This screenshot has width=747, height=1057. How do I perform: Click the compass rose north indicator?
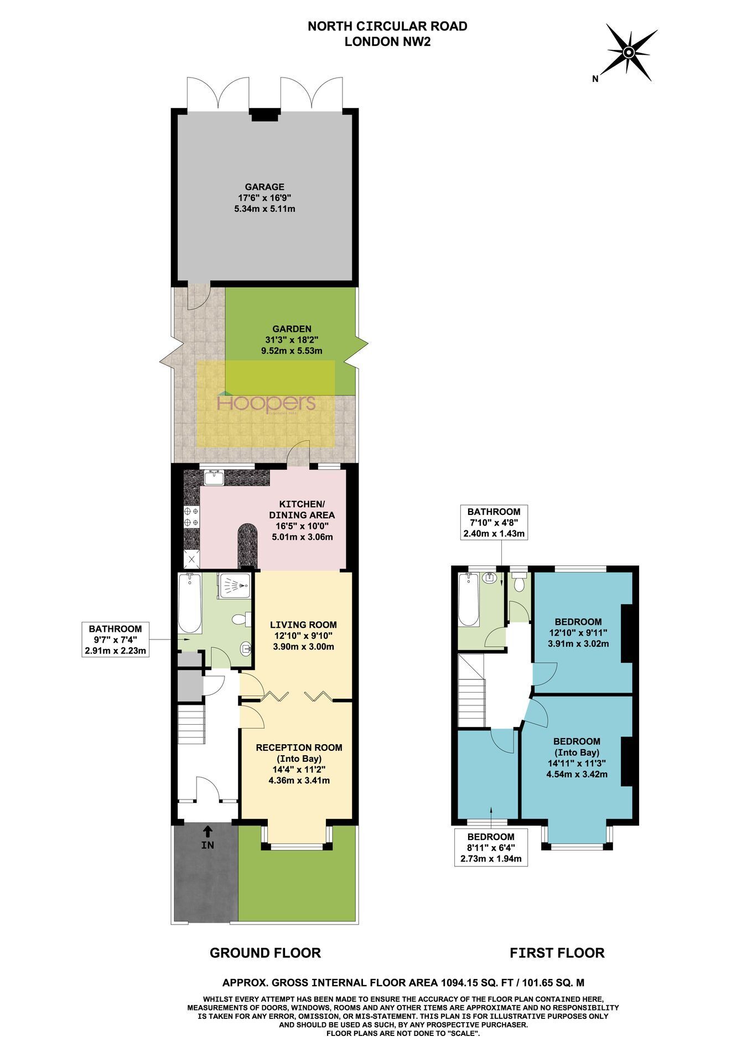[x=627, y=53]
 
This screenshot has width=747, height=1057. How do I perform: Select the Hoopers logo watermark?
[x=267, y=403]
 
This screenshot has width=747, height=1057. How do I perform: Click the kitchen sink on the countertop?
[x=214, y=477]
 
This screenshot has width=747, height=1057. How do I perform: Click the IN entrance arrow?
[x=207, y=831]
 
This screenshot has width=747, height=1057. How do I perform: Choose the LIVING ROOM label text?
[x=303, y=625]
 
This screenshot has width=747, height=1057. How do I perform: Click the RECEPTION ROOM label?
[x=299, y=747]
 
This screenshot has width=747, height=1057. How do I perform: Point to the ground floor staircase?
[x=191, y=724]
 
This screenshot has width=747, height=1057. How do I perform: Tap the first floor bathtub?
[x=469, y=600]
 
